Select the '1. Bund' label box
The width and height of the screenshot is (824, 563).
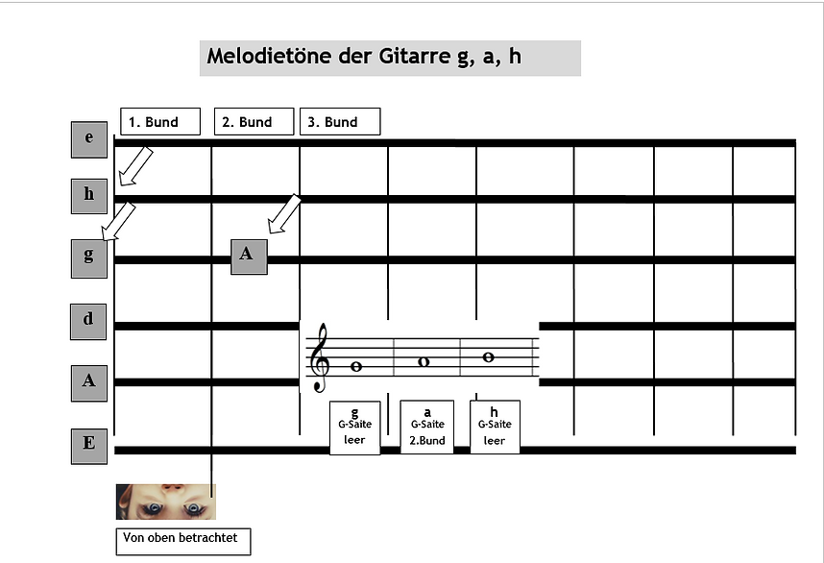160,121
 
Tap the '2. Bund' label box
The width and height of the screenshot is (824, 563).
254,121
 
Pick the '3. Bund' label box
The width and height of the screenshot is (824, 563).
340,121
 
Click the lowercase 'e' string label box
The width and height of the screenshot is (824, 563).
89,139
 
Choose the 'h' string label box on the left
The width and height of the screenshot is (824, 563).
89,196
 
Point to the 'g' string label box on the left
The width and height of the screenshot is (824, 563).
89,258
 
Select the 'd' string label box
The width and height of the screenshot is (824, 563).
88,322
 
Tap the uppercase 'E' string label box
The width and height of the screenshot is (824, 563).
89,447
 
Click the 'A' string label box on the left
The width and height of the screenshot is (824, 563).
89,383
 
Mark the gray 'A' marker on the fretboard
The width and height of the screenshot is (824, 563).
249,257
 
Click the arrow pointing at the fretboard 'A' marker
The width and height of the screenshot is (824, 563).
284,214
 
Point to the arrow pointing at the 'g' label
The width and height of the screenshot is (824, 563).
118,222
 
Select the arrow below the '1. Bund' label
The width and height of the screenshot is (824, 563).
135,166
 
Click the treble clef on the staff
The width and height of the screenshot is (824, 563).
320,357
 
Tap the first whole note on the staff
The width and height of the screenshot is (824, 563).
355,367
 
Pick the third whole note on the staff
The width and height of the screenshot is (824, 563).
488,357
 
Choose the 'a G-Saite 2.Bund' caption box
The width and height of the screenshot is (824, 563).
427,427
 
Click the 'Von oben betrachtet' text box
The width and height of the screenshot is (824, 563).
183,542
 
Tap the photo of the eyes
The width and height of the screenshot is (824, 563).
166,502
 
